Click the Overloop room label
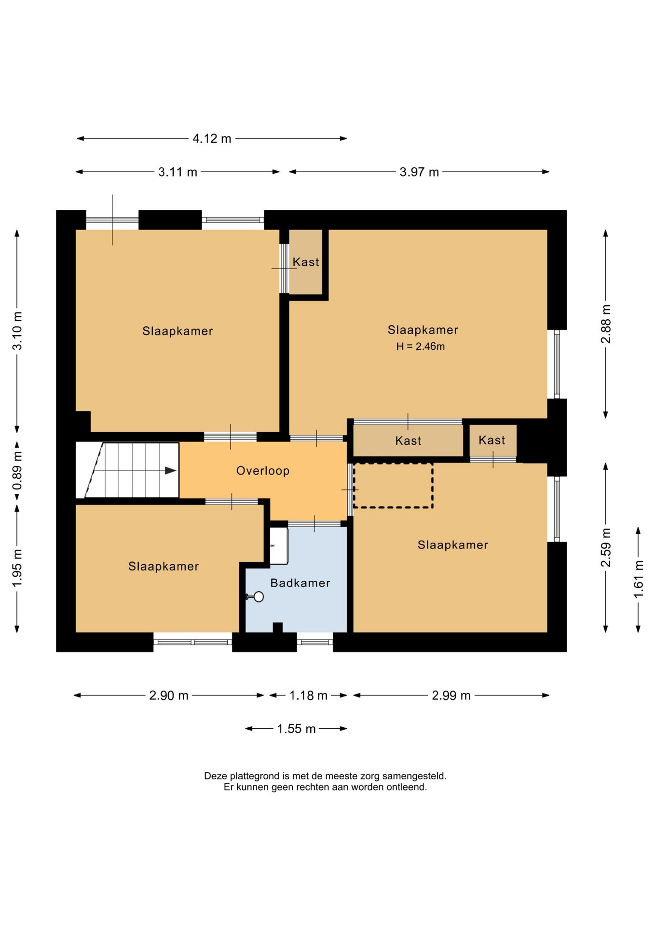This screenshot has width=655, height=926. click(263, 471)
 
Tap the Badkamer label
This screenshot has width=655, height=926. click(300, 583)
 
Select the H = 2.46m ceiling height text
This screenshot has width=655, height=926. click(421, 346)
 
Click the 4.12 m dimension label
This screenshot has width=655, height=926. click(212, 139)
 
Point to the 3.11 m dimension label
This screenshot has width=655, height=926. click(177, 172)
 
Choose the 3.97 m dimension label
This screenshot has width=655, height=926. click(419, 172)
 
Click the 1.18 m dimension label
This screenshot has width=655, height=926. click(308, 695)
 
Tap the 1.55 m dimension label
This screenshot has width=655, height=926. click(296, 729)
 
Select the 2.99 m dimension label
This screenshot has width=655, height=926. click(451, 695)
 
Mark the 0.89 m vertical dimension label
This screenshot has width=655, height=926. click(17, 470)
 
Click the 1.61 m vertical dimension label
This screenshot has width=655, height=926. click(639, 579)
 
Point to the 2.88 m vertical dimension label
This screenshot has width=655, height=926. click(606, 324)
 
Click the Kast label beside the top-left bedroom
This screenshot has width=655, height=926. click(306, 262)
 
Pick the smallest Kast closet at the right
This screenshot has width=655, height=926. click(493, 441)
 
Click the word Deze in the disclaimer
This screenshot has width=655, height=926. click(215, 776)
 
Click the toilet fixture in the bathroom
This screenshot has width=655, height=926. click(279, 545)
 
